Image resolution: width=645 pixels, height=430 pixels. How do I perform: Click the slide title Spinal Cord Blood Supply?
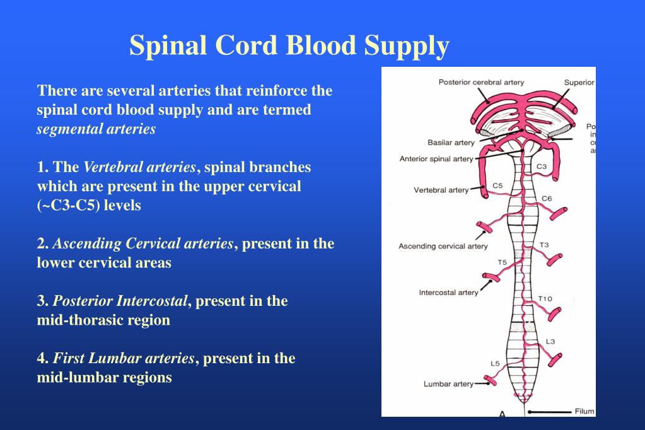click(289, 46)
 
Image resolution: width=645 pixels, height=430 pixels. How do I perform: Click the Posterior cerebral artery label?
click(481, 83)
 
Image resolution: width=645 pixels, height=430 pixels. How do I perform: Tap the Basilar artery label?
click(451, 142)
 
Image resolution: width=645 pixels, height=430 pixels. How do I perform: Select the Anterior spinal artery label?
click(436, 159)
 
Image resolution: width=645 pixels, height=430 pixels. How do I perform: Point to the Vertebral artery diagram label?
click(441, 190)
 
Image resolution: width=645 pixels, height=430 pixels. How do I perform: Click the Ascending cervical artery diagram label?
click(443, 246)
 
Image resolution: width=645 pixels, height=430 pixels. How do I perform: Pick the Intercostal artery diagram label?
click(448, 293)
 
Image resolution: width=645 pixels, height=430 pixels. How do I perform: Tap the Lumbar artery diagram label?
click(448, 383)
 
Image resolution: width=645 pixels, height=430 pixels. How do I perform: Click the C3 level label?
click(542, 167)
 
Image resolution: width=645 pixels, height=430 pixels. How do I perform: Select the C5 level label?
click(497, 185)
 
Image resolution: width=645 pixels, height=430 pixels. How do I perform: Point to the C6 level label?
click(547, 199)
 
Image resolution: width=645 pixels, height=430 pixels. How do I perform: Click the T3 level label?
click(544, 245)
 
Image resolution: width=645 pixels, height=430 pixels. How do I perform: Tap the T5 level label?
click(502, 262)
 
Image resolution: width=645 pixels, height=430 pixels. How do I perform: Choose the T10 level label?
click(545, 298)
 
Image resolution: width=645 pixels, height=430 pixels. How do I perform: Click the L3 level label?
click(550, 341)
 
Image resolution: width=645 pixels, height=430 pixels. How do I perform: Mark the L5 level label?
click(495, 363)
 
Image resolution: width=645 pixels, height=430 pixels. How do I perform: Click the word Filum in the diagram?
click(584, 412)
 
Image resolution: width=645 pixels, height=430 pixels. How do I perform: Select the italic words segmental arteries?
click(96, 129)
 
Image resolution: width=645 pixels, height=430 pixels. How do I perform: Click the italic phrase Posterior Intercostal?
click(120, 301)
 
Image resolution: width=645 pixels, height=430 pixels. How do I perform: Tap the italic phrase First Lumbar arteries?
click(124, 358)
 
